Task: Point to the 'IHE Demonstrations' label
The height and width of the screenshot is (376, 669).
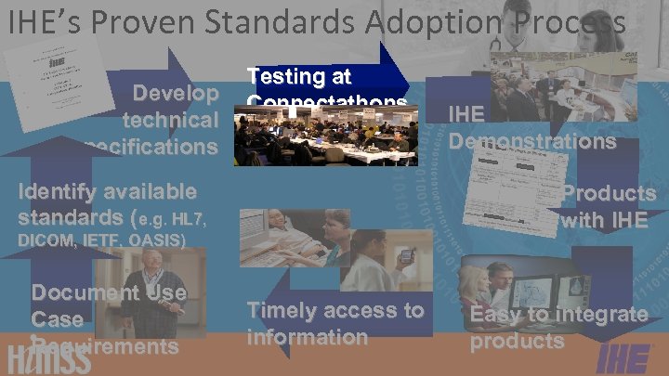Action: (x=531, y=128)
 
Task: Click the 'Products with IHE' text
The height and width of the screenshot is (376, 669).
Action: (x=608, y=206)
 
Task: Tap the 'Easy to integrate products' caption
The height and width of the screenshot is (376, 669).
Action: (x=557, y=327)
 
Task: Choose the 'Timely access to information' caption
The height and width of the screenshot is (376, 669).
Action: (x=334, y=323)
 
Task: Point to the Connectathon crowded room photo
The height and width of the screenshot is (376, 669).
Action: (x=325, y=135)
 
